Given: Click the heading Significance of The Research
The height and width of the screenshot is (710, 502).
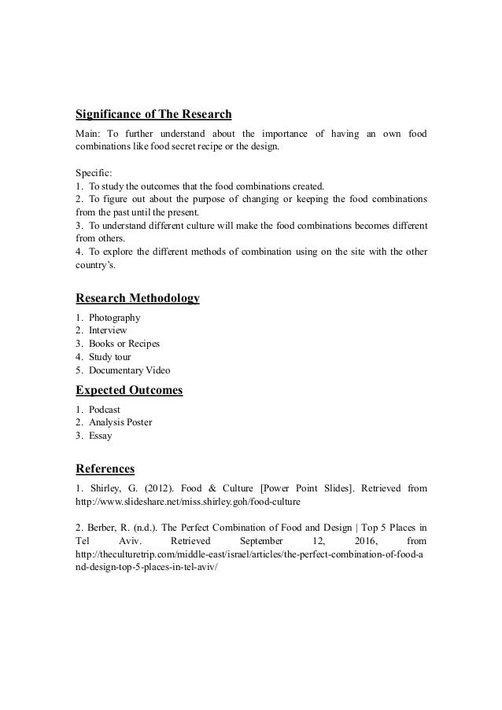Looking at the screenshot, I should click(x=153, y=113).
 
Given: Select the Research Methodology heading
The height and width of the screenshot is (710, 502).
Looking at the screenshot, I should click(x=137, y=298).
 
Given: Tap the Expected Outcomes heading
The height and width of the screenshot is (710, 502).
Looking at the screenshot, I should click(x=129, y=391).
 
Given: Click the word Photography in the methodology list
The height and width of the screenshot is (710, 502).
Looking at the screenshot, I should click(x=115, y=318).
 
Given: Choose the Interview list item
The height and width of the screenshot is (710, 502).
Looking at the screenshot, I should click(x=108, y=331).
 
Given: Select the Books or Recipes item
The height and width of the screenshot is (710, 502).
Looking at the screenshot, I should click(x=124, y=344).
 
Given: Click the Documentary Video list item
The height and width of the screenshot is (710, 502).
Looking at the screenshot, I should click(x=129, y=371).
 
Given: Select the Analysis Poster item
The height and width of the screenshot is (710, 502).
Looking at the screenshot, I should click(x=120, y=422).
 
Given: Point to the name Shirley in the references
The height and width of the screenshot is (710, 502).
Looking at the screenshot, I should click(x=105, y=489).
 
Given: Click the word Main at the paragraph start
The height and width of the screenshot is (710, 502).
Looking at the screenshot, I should click(x=89, y=133).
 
